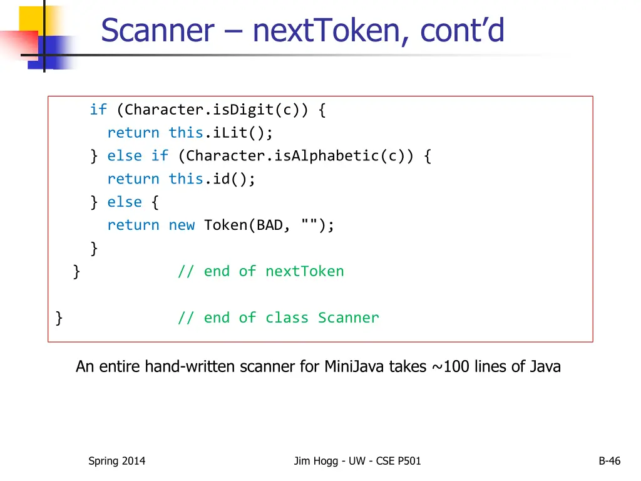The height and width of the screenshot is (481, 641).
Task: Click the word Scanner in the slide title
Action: click(x=157, y=30)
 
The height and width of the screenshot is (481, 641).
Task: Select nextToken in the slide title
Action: click(x=330, y=30)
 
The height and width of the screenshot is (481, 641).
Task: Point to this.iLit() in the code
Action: click(x=220, y=133)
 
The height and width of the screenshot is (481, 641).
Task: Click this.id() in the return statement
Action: click(x=212, y=179)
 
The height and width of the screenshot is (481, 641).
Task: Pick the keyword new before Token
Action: click(x=182, y=225)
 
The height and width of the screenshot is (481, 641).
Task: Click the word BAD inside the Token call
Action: click(x=270, y=225)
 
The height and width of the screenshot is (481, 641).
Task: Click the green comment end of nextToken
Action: click(x=260, y=271)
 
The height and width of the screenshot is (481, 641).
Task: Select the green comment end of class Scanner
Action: click(x=278, y=318)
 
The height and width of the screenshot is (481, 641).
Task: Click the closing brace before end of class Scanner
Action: click(x=59, y=318)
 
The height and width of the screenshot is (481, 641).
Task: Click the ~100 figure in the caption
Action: click(x=451, y=366)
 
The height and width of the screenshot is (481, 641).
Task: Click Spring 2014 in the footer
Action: click(x=116, y=461)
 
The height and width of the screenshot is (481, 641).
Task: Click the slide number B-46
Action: click(x=609, y=461)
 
